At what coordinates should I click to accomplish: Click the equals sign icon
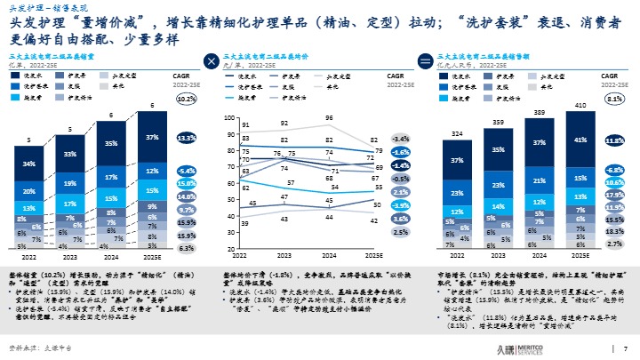[x=425, y=61]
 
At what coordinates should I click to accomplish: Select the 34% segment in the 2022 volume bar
[x=29, y=164]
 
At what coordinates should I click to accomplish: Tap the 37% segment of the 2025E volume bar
[x=152, y=138]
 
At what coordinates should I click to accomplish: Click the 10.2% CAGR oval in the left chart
[x=186, y=100]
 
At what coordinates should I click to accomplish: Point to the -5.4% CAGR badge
[x=186, y=170]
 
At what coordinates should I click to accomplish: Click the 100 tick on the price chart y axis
[x=230, y=117]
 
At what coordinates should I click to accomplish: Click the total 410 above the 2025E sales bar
[x=579, y=106]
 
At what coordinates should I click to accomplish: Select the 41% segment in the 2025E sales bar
[x=579, y=140]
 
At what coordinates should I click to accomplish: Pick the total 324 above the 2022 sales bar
[x=457, y=134]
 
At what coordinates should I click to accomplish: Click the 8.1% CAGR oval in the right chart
[x=612, y=100]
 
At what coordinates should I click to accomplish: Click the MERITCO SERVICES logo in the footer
[x=582, y=348]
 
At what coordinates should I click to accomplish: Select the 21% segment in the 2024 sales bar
[x=538, y=180]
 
